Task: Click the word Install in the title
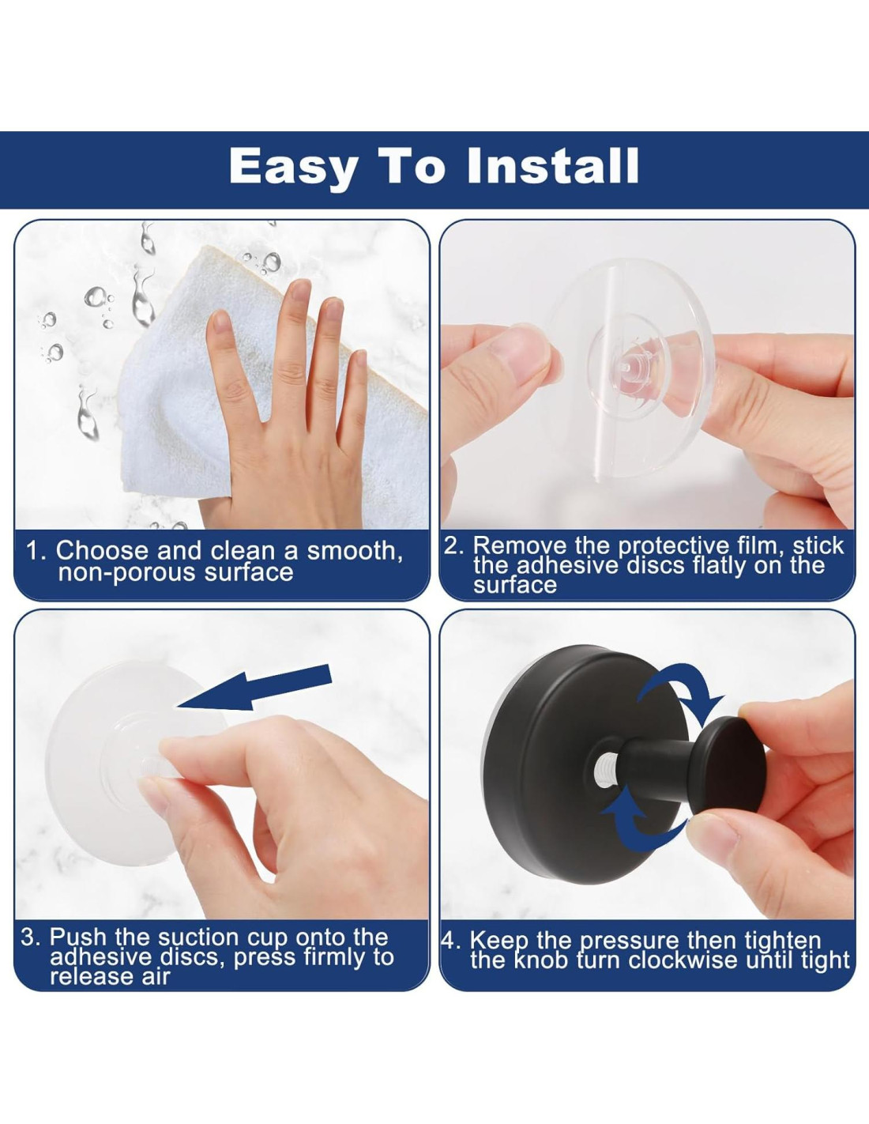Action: (x=553, y=167)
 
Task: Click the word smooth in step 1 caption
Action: (x=355, y=552)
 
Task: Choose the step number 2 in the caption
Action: (x=451, y=546)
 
